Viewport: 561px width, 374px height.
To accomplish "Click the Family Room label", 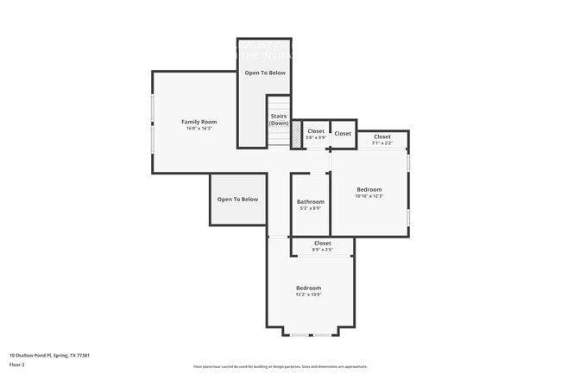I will click(199, 122).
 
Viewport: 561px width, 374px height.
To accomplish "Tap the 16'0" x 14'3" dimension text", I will click(199, 129).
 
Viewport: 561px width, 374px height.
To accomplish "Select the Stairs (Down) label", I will click(278, 119).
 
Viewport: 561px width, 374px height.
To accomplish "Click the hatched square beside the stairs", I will click(295, 135).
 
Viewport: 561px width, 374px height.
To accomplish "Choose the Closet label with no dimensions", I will click(343, 134).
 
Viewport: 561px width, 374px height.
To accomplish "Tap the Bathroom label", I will click(310, 202).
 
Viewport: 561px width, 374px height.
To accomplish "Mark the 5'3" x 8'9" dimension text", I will click(310, 208).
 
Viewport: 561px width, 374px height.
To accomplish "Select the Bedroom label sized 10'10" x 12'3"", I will click(369, 189).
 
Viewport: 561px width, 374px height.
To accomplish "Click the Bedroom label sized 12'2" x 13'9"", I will click(308, 288).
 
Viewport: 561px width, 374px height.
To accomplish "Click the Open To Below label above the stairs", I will click(264, 73).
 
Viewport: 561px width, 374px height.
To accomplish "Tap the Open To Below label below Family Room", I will click(237, 200).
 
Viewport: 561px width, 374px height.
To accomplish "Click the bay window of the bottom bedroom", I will click(310, 334).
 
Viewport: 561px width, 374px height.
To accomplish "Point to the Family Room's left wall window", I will click(154, 123).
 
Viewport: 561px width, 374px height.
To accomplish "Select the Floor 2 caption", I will click(18, 364).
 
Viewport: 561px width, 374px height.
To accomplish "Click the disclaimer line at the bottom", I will click(280, 366).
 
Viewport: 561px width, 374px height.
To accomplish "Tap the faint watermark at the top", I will click(264, 50).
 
